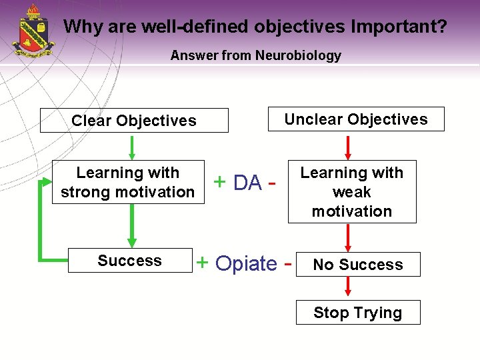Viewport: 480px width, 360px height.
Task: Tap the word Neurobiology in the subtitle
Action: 298,56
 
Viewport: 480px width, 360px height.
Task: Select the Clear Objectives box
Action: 134,121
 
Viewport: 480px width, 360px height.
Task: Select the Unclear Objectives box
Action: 356,119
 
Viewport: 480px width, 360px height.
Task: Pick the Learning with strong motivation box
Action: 128,182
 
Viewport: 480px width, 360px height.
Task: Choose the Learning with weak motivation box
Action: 352,192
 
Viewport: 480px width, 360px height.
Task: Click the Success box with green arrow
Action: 130,261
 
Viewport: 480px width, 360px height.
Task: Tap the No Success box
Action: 358,265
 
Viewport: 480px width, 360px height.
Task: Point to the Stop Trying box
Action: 358,313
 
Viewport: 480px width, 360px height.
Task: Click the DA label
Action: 247,182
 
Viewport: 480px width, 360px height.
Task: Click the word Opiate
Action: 246,264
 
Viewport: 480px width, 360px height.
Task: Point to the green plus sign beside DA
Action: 219,181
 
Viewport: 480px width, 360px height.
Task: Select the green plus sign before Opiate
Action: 202,263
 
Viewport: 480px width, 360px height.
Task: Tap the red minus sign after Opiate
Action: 288,264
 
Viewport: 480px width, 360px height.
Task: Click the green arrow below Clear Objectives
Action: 132,147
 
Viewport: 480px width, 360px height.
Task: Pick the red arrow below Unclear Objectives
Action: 348,147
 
